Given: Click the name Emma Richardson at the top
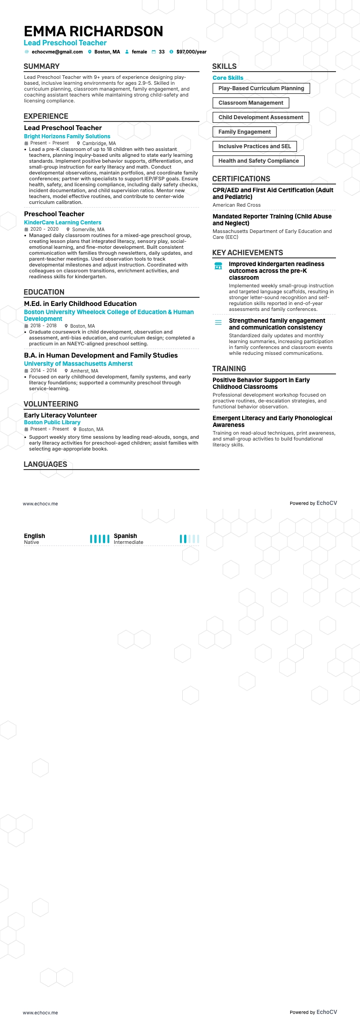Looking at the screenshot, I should tap(93, 31).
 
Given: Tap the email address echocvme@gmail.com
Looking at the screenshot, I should tap(57, 52).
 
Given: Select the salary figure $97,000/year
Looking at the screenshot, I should tap(191, 52).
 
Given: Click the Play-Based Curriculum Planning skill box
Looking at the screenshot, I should tap(261, 88).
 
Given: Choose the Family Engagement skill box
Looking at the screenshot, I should tap(244, 132).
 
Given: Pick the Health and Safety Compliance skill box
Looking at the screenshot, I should tap(258, 161).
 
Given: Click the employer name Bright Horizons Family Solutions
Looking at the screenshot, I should tap(67, 136).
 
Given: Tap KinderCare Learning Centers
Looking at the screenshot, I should tap(63, 223).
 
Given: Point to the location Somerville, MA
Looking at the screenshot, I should tap(88, 230).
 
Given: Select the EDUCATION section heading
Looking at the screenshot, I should tap(44, 292).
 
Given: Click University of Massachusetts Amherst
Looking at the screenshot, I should tap(78, 364).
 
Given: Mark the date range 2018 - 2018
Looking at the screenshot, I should tap(44, 326).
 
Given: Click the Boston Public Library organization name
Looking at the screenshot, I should tap(52, 422).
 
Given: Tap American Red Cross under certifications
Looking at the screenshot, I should tap(237, 205).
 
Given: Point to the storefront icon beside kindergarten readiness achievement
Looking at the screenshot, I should tap(218, 266).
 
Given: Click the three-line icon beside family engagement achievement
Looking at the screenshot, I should tap(218, 323).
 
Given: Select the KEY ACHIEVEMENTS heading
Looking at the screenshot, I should tap(248, 253).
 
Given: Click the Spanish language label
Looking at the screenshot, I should tap(125, 536).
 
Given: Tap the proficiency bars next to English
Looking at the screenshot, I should tap(100, 539).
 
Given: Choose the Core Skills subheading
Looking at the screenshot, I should tap(228, 78).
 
